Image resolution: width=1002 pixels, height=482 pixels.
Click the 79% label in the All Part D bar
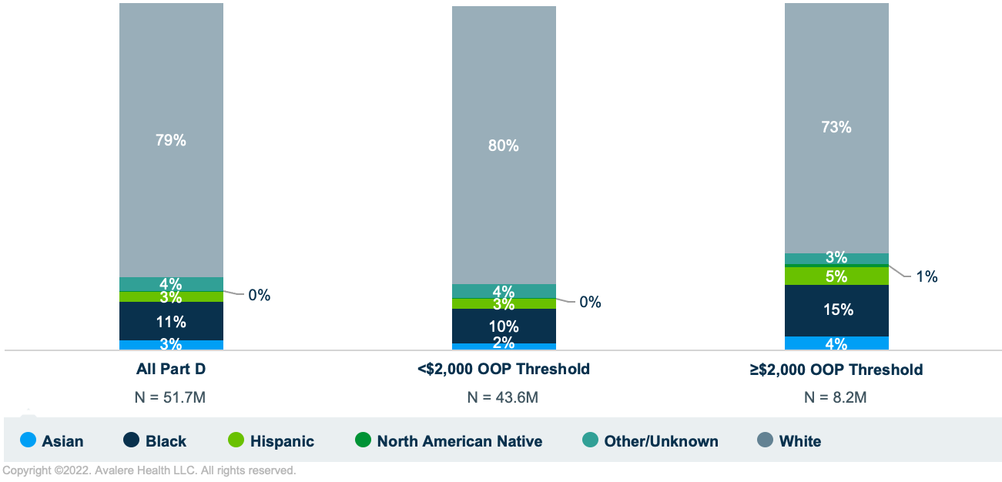[171, 140]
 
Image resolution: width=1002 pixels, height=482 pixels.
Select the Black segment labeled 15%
[836, 310]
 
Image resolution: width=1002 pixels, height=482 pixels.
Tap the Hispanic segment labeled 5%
[836, 276]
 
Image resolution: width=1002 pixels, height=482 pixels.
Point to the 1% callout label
[927, 276]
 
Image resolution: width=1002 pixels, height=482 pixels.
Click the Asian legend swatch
[28, 441]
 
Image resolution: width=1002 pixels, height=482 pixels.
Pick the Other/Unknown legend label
[661, 441]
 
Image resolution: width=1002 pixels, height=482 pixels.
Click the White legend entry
[799, 441]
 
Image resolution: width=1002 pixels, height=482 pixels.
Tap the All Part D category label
[171, 369]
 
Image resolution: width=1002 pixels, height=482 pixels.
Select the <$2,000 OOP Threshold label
[504, 369]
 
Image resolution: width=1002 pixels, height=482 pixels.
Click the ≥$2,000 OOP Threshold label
[836, 370]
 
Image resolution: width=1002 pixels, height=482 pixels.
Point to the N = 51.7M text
[171, 397]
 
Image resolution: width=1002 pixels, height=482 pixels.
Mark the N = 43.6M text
[504, 397]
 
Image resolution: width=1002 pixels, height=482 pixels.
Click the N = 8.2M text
[836, 397]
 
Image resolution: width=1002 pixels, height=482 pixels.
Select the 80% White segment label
[504, 146]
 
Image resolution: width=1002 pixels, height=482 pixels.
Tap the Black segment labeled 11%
[171, 321]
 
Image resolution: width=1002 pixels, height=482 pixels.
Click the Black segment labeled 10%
[504, 326]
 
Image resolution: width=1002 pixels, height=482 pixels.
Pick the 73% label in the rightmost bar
[836, 127]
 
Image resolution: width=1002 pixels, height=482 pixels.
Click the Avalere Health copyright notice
[149, 470]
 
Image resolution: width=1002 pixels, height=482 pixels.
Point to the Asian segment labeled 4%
[836, 343]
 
